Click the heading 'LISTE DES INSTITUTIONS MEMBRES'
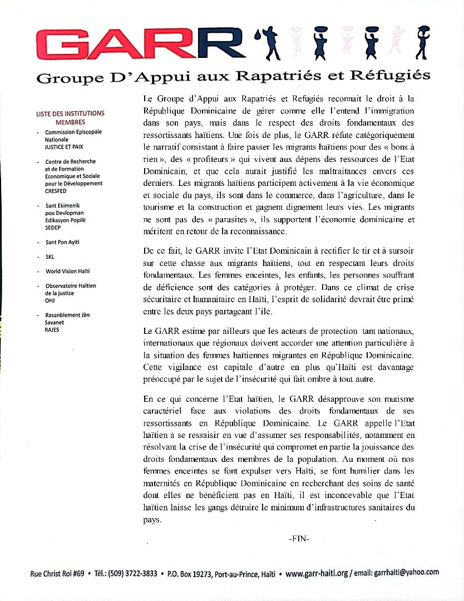pyautogui.click(x=70, y=117)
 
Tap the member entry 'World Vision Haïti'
pyautogui.click(x=67, y=272)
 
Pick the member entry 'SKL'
pyautogui.click(x=51, y=257)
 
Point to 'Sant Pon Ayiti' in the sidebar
pyautogui.click(x=63, y=243)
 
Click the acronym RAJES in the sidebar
pyautogui.click(x=53, y=329)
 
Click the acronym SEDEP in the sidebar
pyautogui.click(x=54, y=228)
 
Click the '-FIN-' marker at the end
pyautogui.click(x=299, y=538)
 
